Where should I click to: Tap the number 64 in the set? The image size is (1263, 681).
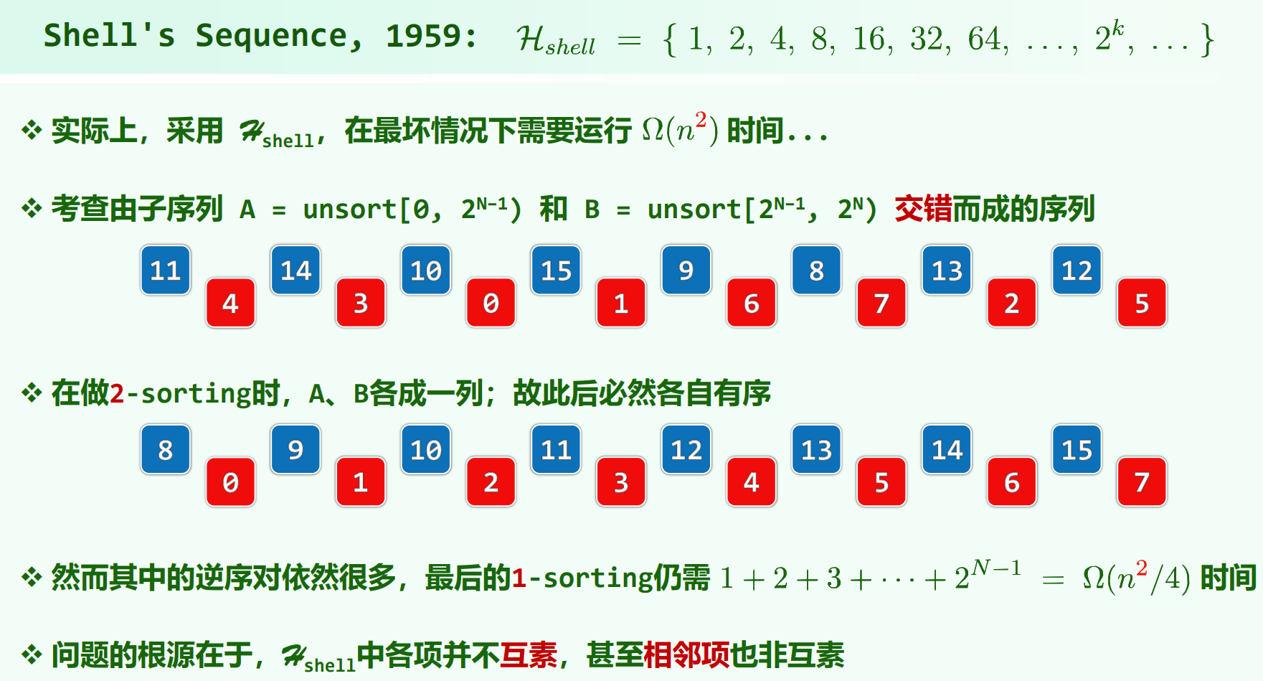(x=984, y=39)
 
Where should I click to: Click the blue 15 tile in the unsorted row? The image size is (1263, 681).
(x=556, y=271)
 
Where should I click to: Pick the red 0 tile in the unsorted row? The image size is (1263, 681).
(x=491, y=303)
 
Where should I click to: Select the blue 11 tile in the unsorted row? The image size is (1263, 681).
(x=166, y=271)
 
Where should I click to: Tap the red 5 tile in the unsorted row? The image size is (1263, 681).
(x=1142, y=303)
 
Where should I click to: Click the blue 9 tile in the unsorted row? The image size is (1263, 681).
(x=686, y=271)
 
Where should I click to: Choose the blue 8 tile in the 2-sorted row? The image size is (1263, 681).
(x=166, y=450)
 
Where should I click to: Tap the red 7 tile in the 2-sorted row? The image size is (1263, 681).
(x=1142, y=482)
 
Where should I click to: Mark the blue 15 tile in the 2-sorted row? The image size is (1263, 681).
(x=1077, y=450)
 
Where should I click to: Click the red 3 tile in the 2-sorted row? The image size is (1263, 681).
(x=621, y=482)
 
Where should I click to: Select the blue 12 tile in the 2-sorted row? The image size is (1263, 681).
(x=686, y=450)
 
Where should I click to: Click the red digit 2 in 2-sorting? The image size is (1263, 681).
(x=117, y=394)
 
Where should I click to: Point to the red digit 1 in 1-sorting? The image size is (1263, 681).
(x=519, y=578)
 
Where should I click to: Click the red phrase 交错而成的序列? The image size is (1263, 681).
(x=994, y=210)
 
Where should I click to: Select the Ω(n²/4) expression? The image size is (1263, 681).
(x=1137, y=577)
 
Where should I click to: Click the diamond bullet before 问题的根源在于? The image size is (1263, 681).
(x=32, y=654)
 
